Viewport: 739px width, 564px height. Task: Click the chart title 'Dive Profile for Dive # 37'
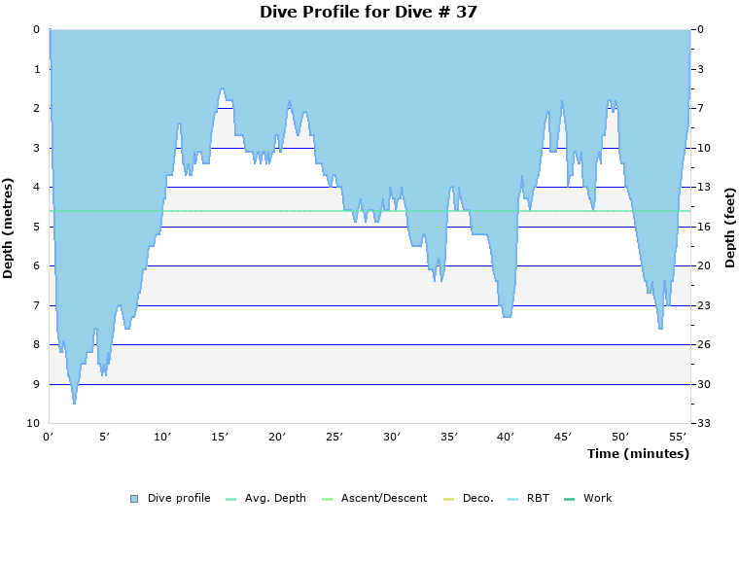369,12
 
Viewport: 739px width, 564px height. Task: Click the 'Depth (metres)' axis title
9,228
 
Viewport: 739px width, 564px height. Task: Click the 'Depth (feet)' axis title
730,228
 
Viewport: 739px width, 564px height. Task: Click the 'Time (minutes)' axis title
637,454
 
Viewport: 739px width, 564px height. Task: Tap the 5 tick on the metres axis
36,227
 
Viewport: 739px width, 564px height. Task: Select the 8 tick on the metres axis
36,345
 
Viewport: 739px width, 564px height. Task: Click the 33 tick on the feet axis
701,424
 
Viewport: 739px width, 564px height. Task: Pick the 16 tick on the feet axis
701,227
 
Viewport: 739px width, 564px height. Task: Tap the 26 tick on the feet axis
701,345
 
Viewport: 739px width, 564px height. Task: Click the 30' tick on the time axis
392,438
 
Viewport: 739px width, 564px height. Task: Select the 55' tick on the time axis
678,438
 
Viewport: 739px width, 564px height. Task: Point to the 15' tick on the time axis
220,438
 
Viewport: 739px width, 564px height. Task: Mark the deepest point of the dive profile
74,403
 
